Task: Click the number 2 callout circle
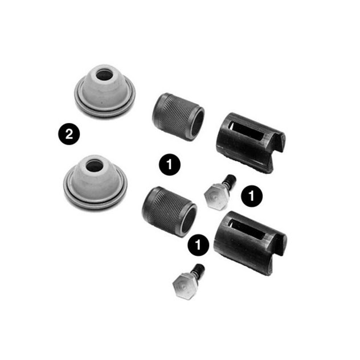(69, 134)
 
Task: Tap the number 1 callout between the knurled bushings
(170, 165)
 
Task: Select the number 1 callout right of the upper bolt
(252, 196)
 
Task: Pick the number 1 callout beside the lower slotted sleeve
(198, 245)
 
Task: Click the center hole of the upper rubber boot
(104, 75)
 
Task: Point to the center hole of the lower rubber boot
(94, 166)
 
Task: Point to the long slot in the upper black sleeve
(247, 132)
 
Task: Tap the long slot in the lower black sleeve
(246, 230)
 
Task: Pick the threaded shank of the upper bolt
(230, 180)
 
